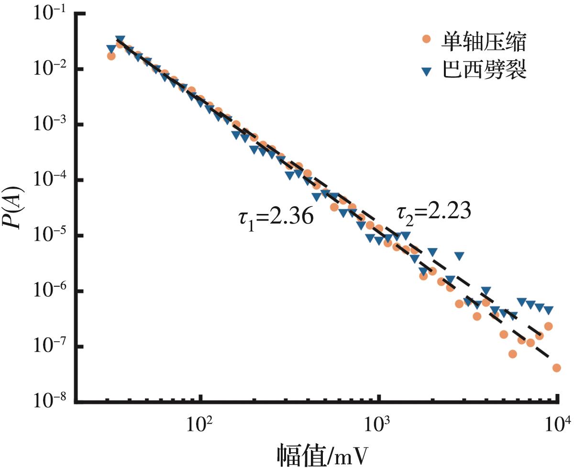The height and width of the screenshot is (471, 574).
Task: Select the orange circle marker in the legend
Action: pos(427,39)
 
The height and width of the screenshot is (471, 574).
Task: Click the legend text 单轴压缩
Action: pos(483,44)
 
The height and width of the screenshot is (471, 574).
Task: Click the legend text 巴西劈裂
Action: pos(483,72)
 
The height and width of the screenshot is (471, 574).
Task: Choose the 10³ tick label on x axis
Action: pos(378,424)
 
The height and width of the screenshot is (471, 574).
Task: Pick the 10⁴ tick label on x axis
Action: pos(557,424)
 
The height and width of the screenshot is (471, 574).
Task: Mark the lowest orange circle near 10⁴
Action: pos(556,368)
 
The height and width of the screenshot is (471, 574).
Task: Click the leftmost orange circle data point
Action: pos(111,56)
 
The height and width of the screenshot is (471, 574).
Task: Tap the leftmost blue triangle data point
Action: pos(111,49)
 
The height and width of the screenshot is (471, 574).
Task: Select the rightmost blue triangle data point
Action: pos(549,310)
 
